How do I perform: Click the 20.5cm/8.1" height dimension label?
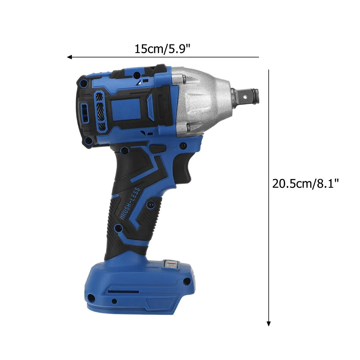[x=307, y=183]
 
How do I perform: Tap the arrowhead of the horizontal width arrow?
[x=69, y=57]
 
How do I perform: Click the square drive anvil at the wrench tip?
[x=248, y=96]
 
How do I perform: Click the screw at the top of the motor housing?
[x=136, y=74]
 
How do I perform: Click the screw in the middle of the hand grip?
[x=150, y=204]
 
